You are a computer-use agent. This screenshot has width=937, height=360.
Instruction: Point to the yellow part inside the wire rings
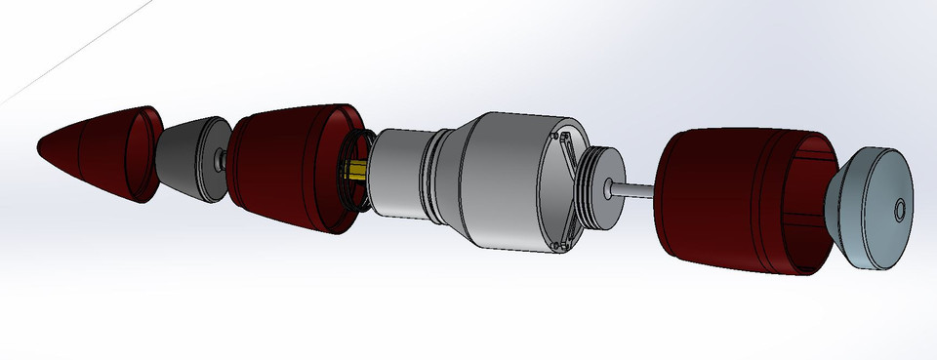[355, 172]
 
